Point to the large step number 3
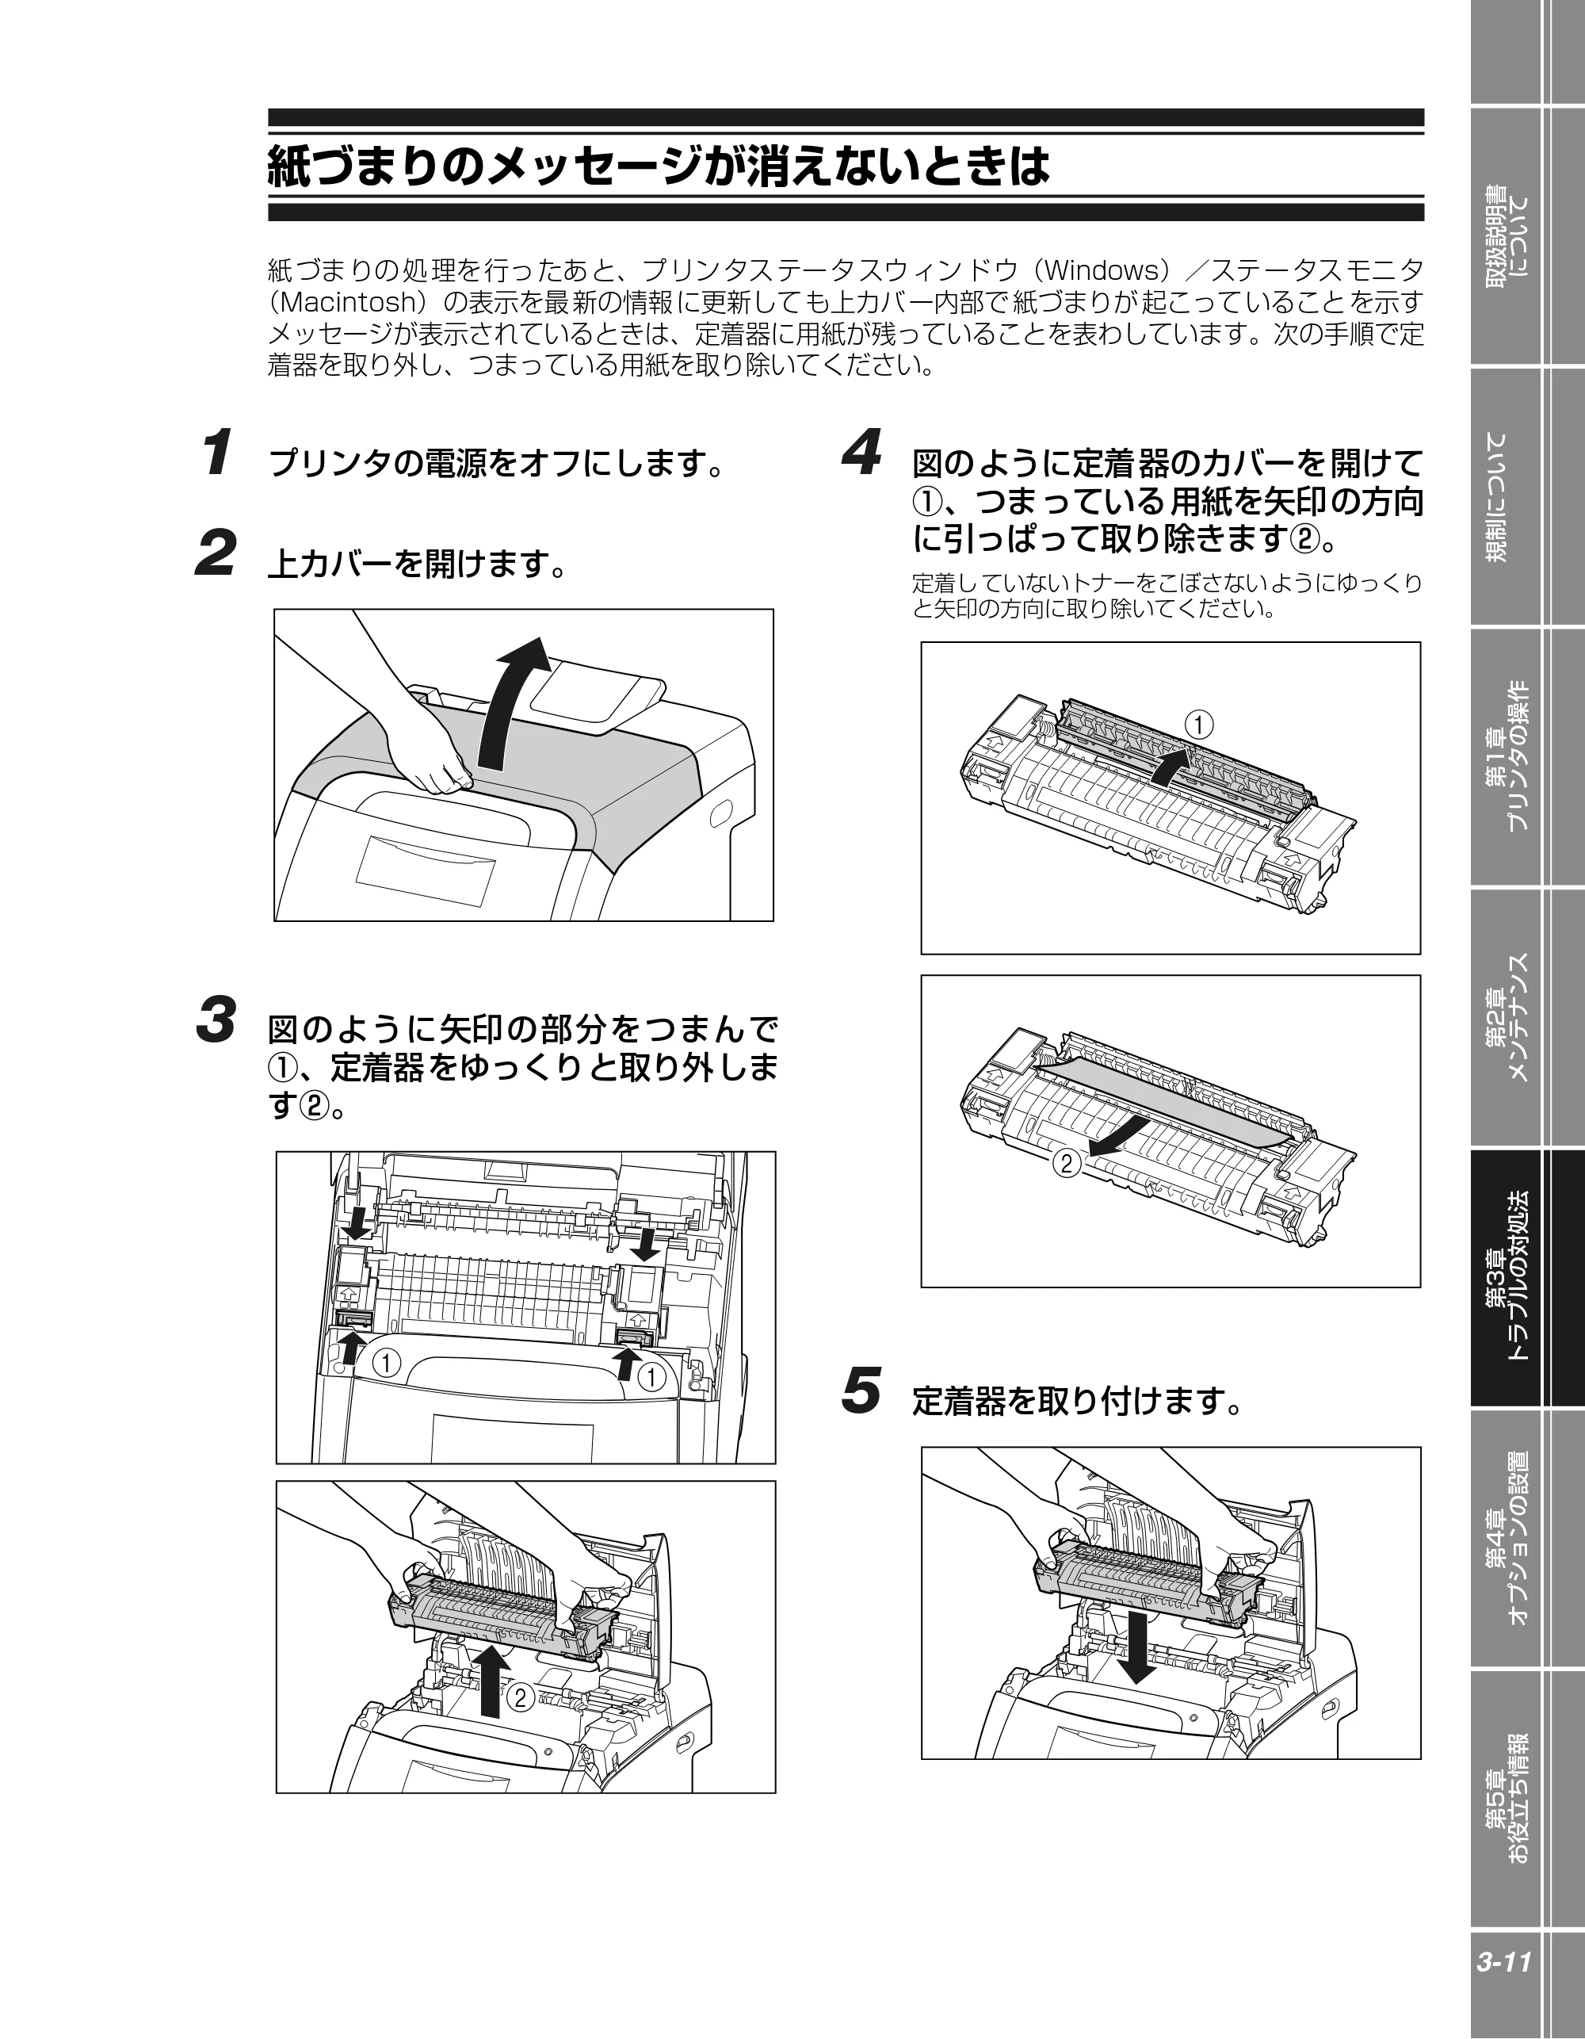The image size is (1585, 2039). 216,1019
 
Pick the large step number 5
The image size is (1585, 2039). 861,1391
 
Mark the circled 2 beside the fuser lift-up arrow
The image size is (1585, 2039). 521,1697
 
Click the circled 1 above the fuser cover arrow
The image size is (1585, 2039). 1200,725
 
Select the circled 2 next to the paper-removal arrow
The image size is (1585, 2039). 1067,1163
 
